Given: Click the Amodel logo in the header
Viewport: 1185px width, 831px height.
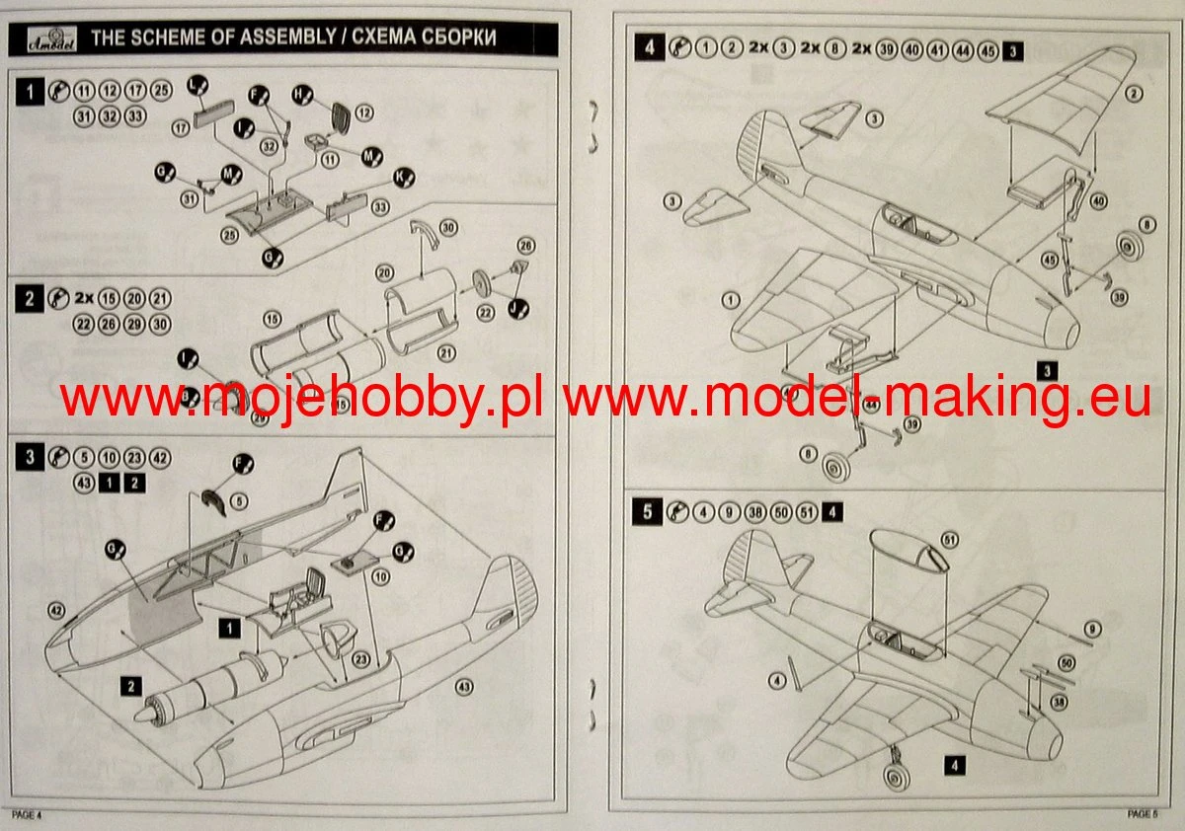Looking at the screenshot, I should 44,38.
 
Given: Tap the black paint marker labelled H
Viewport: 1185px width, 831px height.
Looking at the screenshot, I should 303,95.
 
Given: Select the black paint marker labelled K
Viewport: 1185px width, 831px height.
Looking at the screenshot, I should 403,178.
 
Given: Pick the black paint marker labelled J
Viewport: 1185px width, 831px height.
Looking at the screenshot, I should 516,309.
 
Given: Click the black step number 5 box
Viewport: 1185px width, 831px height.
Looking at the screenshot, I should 647,511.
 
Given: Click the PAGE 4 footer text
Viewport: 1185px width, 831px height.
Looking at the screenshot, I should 27,814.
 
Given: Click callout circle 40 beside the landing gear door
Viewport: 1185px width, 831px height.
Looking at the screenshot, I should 1099,200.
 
